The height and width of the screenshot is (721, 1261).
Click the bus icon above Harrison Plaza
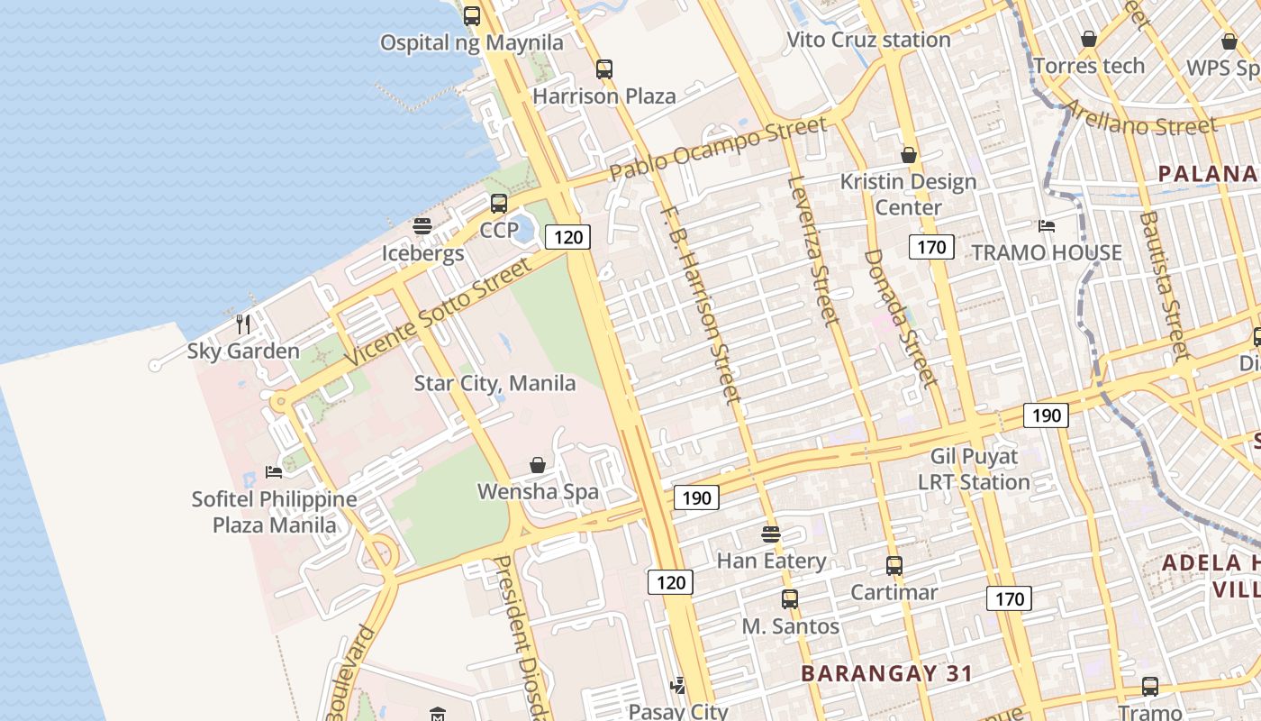[x=604, y=69]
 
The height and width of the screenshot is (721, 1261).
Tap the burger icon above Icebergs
[x=422, y=226]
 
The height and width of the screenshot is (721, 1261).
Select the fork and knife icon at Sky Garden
[x=243, y=324]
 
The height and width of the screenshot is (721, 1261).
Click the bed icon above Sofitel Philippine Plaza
[x=274, y=471]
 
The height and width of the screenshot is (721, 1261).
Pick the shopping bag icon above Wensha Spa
[x=538, y=465]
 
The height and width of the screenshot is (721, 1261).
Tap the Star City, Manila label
[x=494, y=383]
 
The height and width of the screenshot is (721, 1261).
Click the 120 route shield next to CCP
[x=568, y=237]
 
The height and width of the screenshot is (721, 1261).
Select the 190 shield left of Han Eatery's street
[x=696, y=497]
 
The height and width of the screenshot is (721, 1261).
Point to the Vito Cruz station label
[x=868, y=40]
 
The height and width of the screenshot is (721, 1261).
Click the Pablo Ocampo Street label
[x=717, y=148]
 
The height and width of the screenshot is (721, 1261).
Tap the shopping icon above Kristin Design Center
[x=909, y=155]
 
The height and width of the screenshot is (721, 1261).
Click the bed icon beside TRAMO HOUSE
[x=1047, y=225]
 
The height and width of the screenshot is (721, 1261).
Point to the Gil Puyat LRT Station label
[x=975, y=469]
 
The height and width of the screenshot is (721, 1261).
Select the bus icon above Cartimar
[x=894, y=566]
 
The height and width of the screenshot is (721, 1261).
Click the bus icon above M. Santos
[x=790, y=598]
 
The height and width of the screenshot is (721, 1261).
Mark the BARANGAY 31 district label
[x=887, y=673]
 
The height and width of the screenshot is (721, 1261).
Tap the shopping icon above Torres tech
[x=1089, y=39]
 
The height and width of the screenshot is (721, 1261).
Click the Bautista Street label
[x=1164, y=285]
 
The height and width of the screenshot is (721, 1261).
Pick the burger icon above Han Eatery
[x=771, y=534]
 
